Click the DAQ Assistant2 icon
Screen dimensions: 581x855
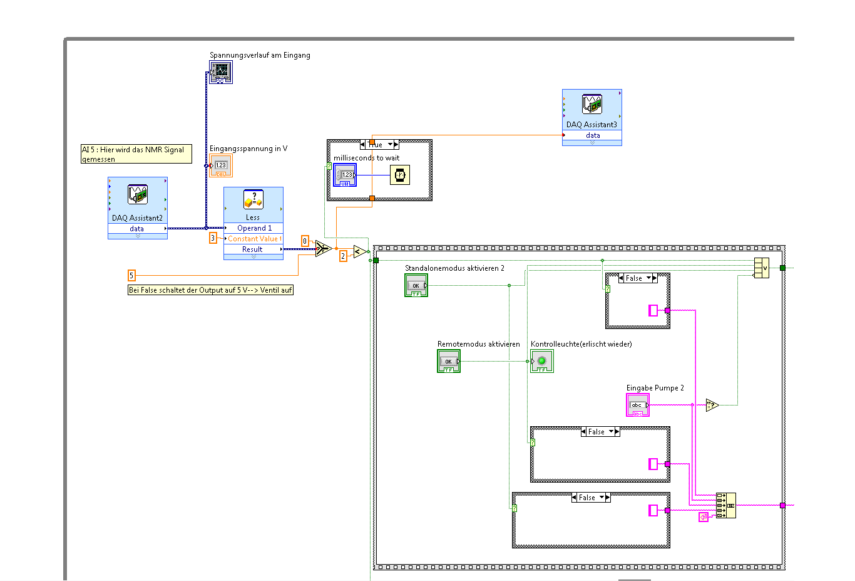[x=137, y=195]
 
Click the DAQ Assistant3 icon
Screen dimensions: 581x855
[x=591, y=105]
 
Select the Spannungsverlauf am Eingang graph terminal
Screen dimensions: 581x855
[x=221, y=72]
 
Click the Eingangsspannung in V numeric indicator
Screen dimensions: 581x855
[x=221, y=165]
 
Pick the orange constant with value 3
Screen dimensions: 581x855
[x=213, y=238]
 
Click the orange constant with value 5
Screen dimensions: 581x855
[x=131, y=275]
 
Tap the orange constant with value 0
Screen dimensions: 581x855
[x=305, y=241]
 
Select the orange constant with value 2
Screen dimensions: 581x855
[x=343, y=256]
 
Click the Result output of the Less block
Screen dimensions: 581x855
[x=253, y=249]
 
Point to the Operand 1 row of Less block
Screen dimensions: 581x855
[x=253, y=228]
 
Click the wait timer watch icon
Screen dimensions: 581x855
[x=399, y=175]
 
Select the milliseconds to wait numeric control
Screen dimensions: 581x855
[x=345, y=175]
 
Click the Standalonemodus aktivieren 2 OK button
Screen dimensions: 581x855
[x=416, y=285]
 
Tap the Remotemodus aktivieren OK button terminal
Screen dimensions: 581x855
[x=448, y=361]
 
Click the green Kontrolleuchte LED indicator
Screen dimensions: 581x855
[x=541, y=361]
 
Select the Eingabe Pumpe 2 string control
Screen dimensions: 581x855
[x=637, y=405]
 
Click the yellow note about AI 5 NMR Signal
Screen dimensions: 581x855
[x=136, y=154]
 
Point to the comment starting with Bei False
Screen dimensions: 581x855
[x=210, y=290]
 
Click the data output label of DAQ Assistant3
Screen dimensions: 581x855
[x=592, y=135]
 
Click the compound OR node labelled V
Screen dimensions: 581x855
[x=762, y=268]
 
